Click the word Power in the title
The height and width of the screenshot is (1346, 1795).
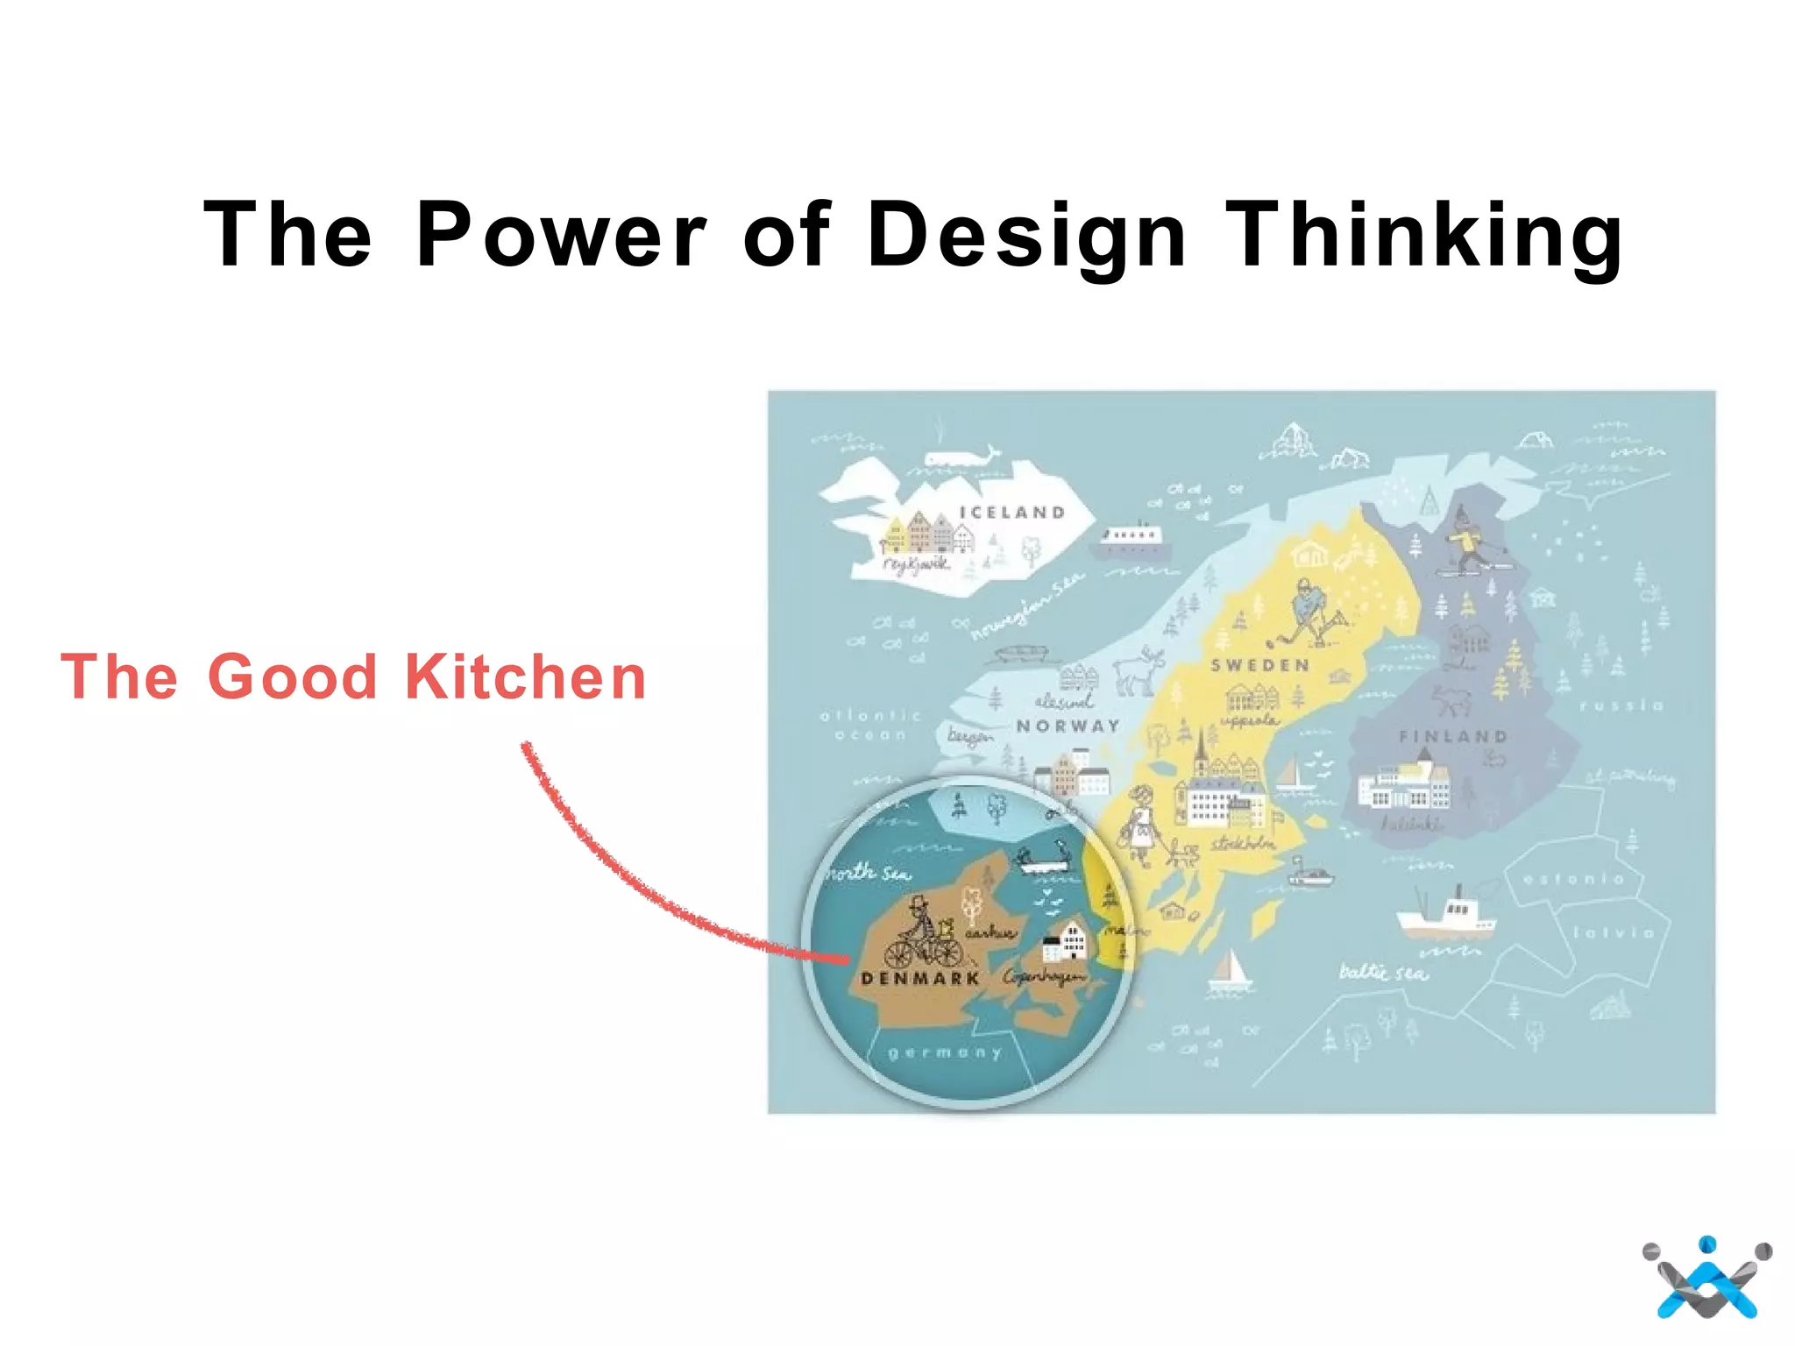561,235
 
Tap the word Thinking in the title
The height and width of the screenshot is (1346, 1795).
1423,235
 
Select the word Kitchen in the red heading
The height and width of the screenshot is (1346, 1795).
526,677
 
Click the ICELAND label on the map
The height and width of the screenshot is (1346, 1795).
1012,513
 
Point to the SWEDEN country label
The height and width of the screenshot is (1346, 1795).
1260,666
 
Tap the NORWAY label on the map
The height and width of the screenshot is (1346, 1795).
1068,726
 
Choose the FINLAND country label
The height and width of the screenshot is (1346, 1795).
1453,737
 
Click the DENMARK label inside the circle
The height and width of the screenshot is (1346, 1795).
920,979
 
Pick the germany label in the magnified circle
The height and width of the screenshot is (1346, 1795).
945,1052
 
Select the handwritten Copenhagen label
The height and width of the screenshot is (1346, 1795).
1044,976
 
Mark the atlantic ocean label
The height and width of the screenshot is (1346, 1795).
870,725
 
